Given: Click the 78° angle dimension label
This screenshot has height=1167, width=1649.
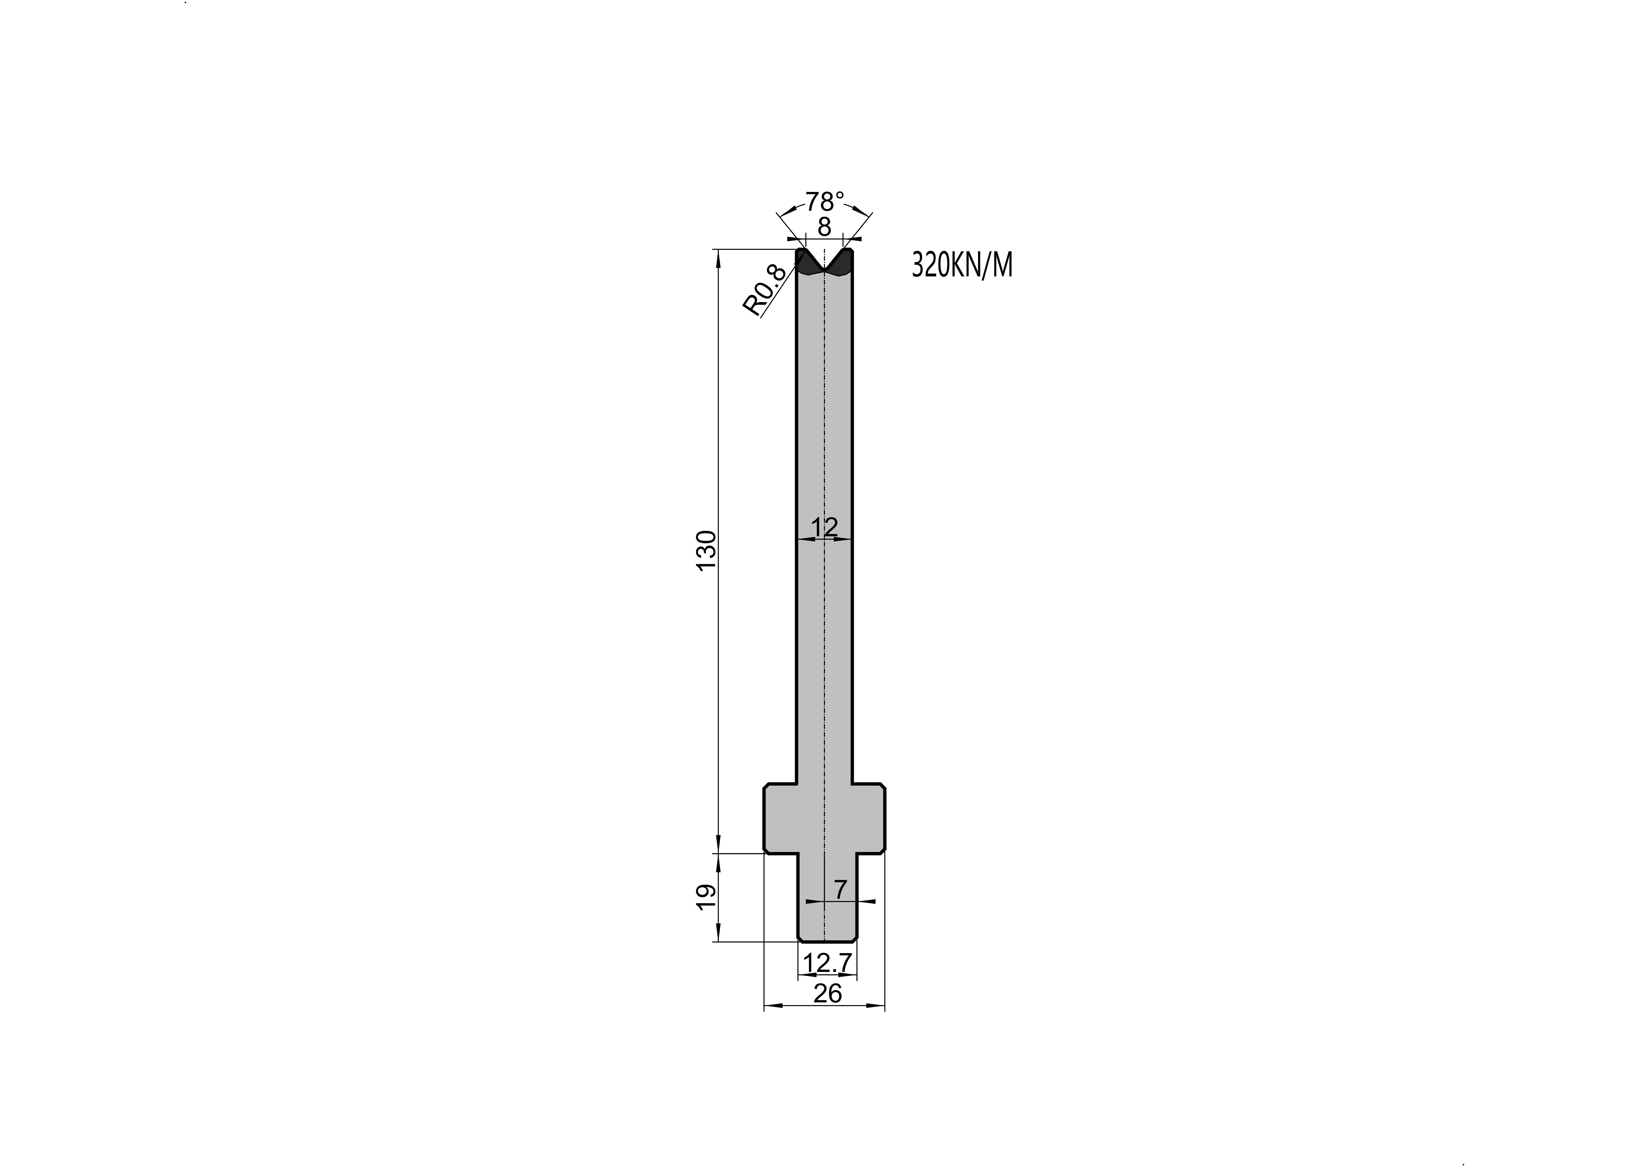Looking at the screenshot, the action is click(x=825, y=201).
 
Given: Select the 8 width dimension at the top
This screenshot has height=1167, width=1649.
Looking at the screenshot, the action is click(x=825, y=227).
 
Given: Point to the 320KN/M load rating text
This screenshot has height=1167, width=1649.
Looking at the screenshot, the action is click(x=962, y=265).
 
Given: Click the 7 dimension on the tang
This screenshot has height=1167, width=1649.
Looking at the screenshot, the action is click(x=841, y=890).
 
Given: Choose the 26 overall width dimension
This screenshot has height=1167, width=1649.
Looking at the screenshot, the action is click(x=827, y=994).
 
